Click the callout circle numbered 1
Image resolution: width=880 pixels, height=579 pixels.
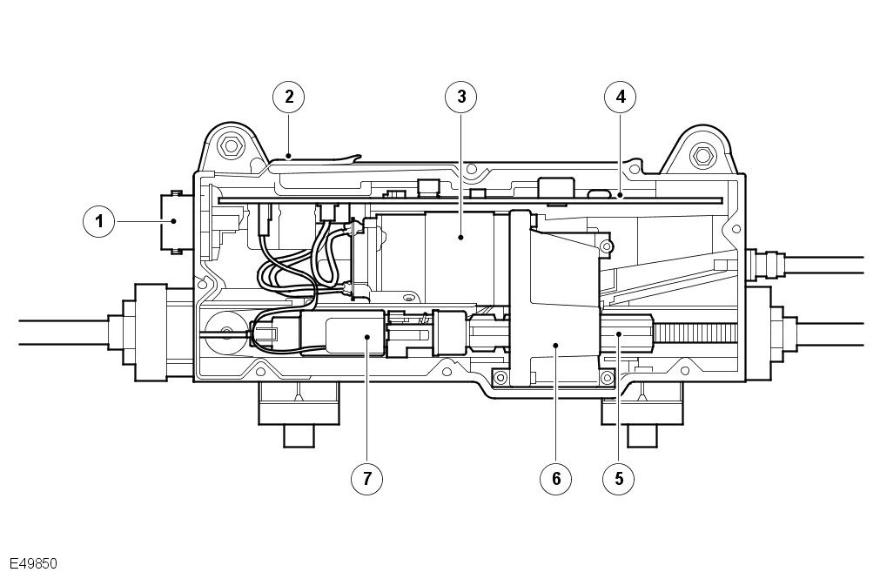coord(99,221)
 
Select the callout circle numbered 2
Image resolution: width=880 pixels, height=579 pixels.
coord(288,97)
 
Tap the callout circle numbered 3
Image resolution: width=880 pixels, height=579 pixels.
coord(461,97)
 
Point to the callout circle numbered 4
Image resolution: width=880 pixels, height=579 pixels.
coord(620,97)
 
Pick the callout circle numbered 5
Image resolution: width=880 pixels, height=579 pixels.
coord(619,477)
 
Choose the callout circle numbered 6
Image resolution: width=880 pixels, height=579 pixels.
coord(554,477)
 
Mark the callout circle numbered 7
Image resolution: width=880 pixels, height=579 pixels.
coord(367,477)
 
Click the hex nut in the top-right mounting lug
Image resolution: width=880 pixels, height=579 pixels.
coord(702,157)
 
